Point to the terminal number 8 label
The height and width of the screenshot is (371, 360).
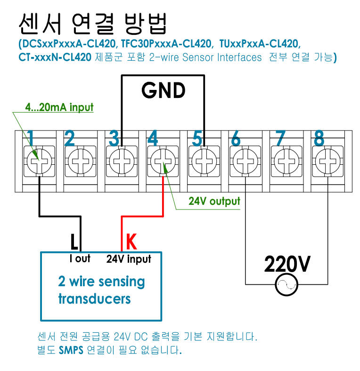[x=319, y=138]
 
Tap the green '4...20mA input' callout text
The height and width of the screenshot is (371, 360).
[x=59, y=107]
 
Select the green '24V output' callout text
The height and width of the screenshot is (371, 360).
[x=214, y=202]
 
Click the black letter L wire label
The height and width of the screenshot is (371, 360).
[x=74, y=242]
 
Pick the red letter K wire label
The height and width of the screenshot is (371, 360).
[x=131, y=242]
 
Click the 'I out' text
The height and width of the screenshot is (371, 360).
[x=80, y=258]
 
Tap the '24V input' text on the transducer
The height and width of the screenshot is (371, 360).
[x=129, y=258]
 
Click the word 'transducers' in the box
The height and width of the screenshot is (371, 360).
[x=94, y=298]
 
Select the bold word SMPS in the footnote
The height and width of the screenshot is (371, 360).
[x=71, y=350]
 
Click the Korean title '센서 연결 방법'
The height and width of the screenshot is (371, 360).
[x=92, y=22]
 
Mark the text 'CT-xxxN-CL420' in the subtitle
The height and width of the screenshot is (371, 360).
[x=55, y=57]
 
